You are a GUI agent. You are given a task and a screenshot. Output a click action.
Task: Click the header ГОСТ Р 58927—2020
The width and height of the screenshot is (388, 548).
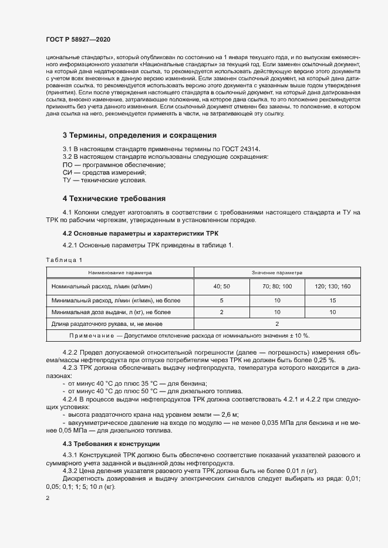(x=77, y=40)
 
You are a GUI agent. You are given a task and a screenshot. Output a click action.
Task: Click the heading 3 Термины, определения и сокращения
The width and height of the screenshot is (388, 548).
(x=140, y=135)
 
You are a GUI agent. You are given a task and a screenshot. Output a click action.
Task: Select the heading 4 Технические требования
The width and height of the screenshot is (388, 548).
(x=114, y=199)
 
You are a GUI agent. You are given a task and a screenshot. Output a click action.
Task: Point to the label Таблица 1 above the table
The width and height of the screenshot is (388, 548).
(x=64, y=259)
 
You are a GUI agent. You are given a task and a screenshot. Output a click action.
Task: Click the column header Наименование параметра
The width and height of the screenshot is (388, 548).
(x=120, y=273)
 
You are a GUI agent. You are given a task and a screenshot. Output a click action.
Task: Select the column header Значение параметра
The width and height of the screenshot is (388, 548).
(x=276, y=273)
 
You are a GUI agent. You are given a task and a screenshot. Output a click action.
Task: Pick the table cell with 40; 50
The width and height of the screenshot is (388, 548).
(x=222, y=286)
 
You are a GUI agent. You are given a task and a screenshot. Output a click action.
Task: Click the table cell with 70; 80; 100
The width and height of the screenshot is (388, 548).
(x=276, y=286)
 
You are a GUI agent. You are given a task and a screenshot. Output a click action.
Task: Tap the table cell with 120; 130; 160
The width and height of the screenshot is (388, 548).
(x=332, y=286)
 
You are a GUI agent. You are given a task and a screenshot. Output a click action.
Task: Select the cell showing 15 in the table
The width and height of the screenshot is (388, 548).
(x=332, y=300)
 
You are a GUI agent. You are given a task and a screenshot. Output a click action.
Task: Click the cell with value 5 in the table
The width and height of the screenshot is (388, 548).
(x=222, y=300)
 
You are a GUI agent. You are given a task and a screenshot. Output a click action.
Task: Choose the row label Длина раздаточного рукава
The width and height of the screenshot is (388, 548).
(x=106, y=324)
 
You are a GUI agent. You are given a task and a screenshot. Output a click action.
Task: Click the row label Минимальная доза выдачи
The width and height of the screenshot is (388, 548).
(x=111, y=312)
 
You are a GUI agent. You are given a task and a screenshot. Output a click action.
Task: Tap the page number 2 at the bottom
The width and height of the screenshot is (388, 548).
(x=48, y=498)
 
